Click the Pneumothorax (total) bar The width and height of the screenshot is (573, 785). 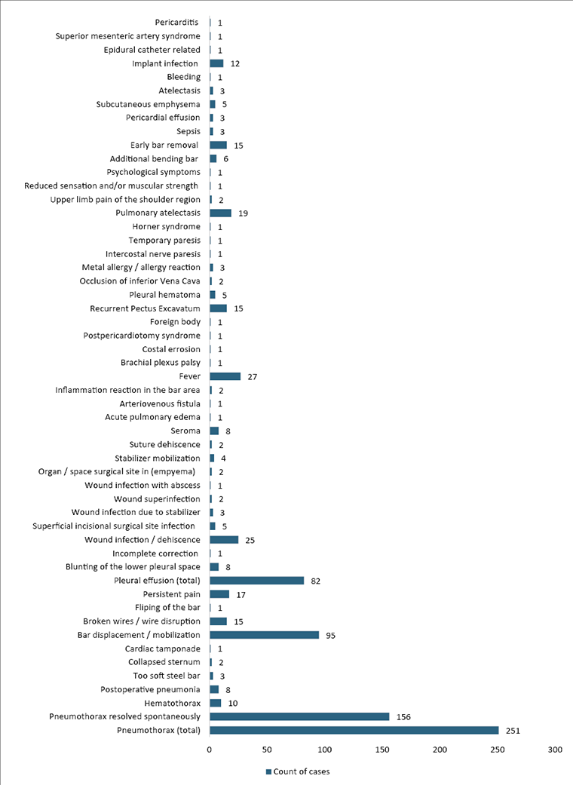(354, 730)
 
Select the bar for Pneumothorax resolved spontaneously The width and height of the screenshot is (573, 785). (299, 716)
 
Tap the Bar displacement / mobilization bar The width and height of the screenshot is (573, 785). (264, 635)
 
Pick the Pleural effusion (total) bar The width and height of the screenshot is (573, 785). (256, 581)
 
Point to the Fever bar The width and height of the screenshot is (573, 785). (225, 376)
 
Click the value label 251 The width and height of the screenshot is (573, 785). (513, 731)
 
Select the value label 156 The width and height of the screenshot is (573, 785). (404, 717)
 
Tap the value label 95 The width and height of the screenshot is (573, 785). (330, 636)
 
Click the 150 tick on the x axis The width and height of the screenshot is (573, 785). (382, 750)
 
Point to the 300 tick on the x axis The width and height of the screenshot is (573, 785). (555, 750)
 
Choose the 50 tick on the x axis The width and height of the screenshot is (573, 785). (267, 750)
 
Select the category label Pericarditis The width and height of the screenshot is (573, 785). (177, 23)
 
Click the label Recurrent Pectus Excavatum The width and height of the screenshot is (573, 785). (145, 308)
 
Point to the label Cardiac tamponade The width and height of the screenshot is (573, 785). (162, 649)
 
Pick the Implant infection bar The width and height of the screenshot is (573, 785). (216, 63)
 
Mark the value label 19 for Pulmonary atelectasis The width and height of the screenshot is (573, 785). (243, 213)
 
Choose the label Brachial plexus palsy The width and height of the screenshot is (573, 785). (160, 363)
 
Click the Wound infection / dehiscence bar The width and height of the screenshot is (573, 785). (224, 540)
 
